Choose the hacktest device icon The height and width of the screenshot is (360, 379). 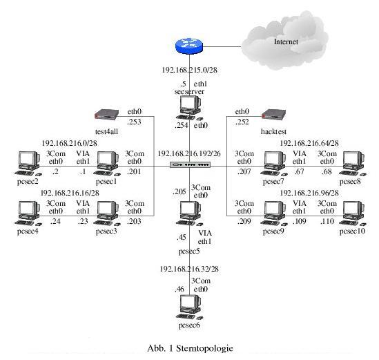274,114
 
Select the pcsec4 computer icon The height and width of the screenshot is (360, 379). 28,211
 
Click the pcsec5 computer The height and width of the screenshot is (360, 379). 188,213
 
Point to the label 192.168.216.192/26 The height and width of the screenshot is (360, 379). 189,153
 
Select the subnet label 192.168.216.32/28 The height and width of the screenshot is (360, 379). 189,269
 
